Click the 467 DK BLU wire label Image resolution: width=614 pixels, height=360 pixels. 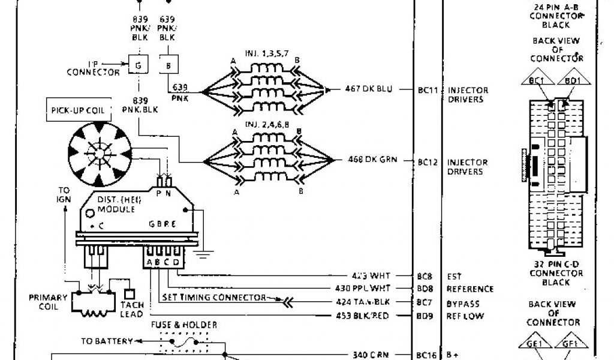pyautogui.click(x=369, y=89)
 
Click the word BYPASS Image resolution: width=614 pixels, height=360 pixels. pyautogui.click(x=463, y=304)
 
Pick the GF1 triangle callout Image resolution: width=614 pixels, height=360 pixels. pyautogui.click(x=567, y=344)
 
